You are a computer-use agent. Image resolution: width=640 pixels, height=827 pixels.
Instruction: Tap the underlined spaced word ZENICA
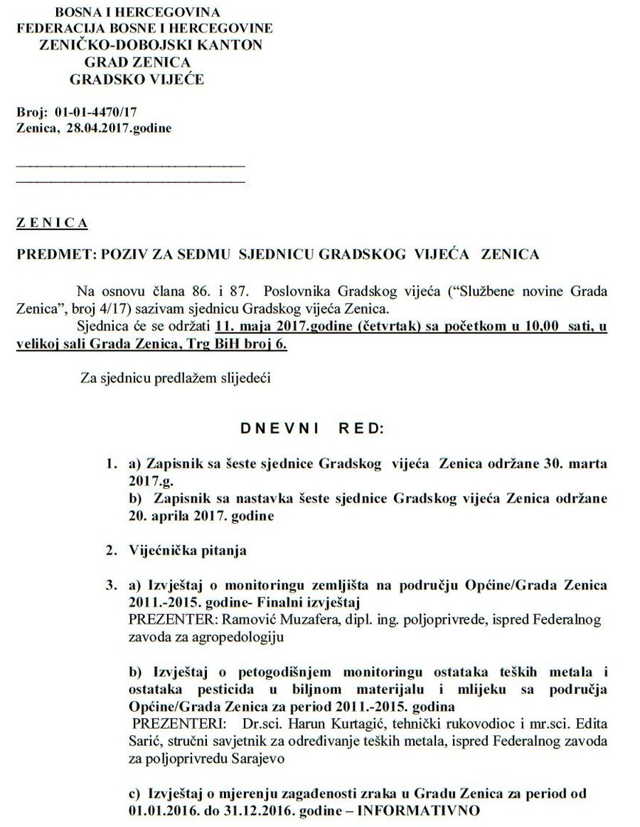coord(52,223)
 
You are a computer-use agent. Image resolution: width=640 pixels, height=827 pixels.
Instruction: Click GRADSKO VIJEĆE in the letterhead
coord(137,80)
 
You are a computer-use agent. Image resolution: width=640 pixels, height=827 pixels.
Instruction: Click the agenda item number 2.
coord(110,549)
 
